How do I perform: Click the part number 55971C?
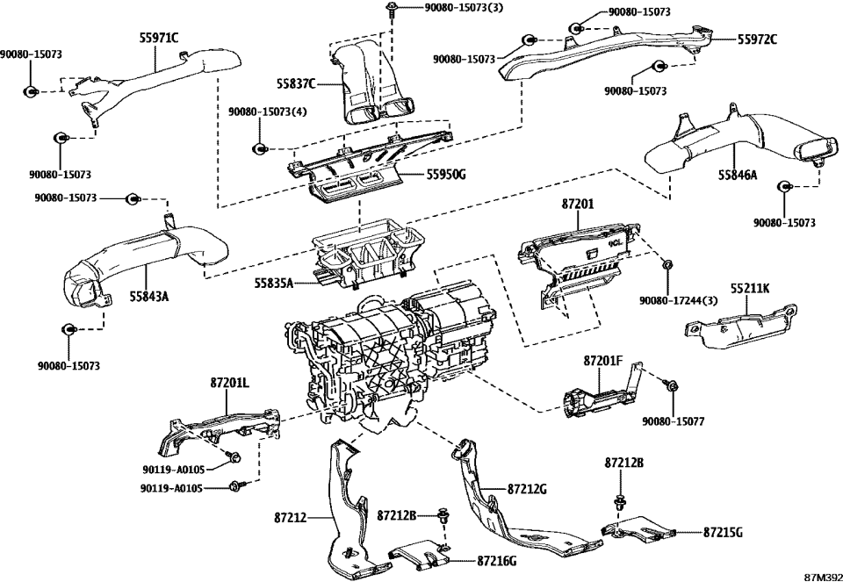(x=158, y=38)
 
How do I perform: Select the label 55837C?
(x=293, y=84)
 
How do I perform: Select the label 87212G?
(x=527, y=488)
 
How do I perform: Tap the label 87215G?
(x=723, y=532)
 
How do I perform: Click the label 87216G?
(x=496, y=560)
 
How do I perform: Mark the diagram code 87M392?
(x=823, y=576)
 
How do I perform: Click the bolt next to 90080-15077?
(x=672, y=386)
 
